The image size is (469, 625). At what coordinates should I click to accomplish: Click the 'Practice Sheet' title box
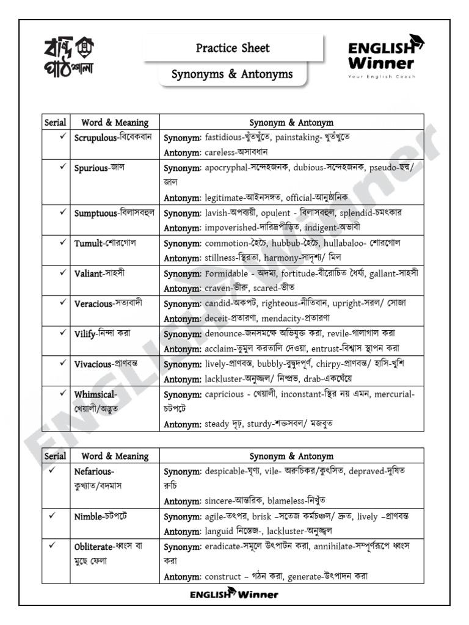tap(233, 48)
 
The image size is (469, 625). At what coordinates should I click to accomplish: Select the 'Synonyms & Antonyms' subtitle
tap(232, 74)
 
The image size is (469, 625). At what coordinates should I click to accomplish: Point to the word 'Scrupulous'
tap(95, 138)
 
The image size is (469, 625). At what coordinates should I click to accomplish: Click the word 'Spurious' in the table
tap(90, 167)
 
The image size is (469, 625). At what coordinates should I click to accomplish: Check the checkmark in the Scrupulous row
tap(62, 137)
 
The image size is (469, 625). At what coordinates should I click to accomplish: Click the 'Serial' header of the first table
tap(55, 123)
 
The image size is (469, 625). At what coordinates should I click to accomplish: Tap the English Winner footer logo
tap(234, 594)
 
